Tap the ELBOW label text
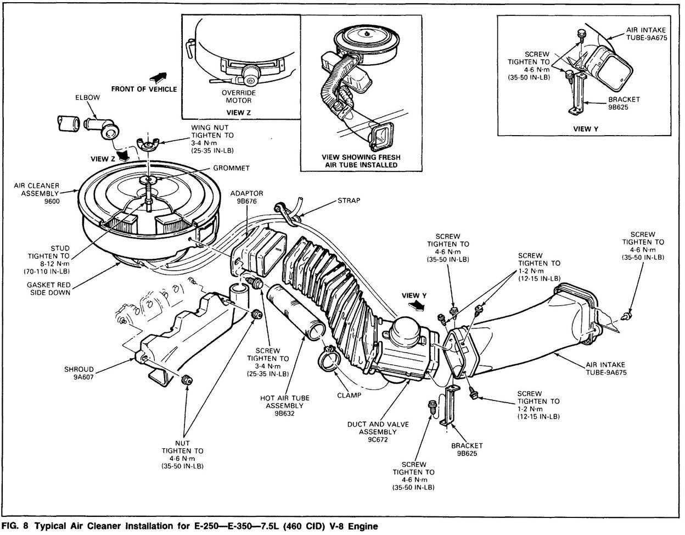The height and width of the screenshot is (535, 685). point(87,98)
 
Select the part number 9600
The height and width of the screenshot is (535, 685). point(47,201)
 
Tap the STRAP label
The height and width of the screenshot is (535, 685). point(350,200)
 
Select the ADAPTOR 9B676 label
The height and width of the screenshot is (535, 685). point(247,197)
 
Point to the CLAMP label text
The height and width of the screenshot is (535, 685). point(350,395)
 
